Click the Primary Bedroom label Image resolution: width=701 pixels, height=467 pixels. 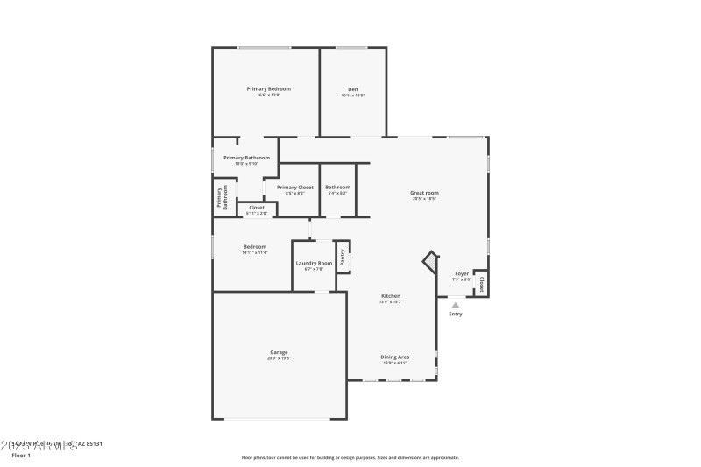[x=268, y=88]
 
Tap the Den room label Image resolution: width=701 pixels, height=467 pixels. [x=352, y=88]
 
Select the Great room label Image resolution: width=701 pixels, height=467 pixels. [x=424, y=193]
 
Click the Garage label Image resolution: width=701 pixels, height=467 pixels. [x=279, y=352]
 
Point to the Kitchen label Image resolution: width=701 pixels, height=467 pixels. [x=390, y=296]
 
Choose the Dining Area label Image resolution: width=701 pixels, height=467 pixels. [x=394, y=357]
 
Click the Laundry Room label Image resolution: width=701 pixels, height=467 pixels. [x=314, y=263]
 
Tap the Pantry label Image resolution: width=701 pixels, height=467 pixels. [x=343, y=257]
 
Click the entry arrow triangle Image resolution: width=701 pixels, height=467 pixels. [x=455, y=305]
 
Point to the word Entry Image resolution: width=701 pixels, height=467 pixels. [x=455, y=314]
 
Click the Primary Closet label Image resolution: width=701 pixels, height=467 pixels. [x=294, y=188]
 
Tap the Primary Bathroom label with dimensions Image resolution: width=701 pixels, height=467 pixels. [x=246, y=158]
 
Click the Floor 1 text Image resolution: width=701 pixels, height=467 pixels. [x=21, y=456]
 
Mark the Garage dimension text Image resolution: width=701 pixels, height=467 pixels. [x=279, y=358]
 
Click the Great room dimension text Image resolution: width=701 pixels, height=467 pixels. [x=424, y=199]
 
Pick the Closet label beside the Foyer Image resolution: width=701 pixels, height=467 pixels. [x=481, y=283]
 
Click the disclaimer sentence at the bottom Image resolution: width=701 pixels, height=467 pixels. [x=350, y=457]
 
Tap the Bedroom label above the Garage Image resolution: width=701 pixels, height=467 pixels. [x=255, y=247]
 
